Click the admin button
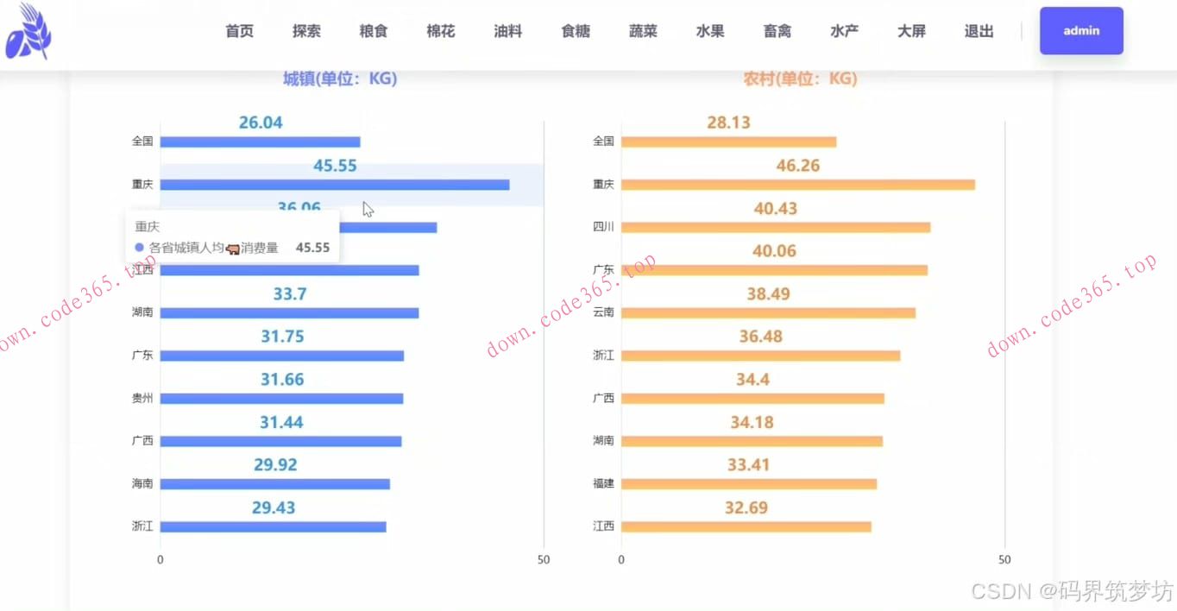(x=1081, y=31)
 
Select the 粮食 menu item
(x=374, y=31)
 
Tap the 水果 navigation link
(x=710, y=31)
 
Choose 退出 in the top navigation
(x=979, y=31)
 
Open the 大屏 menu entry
(x=911, y=31)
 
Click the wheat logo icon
(x=28, y=33)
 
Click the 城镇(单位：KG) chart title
(x=340, y=79)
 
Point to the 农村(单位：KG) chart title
(x=800, y=79)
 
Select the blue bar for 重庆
(x=334, y=185)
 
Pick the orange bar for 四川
(x=775, y=227)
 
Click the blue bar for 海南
(x=274, y=484)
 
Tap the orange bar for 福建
(x=748, y=484)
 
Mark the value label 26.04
(x=261, y=123)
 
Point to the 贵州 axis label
(x=142, y=398)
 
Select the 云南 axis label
(x=603, y=312)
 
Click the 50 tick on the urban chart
(x=544, y=560)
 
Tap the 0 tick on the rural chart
(x=621, y=560)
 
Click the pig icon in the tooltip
(x=232, y=249)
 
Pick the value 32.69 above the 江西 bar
(x=746, y=507)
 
